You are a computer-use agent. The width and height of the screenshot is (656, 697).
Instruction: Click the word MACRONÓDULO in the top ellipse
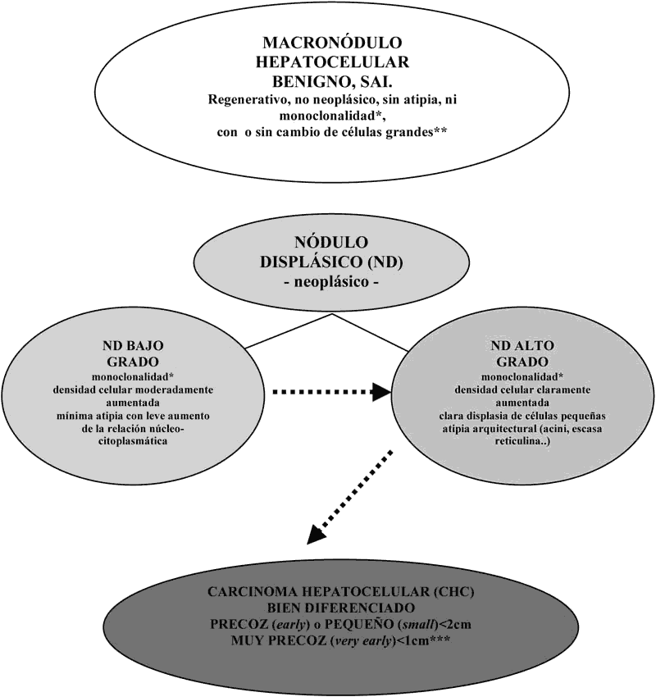pyautogui.click(x=332, y=43)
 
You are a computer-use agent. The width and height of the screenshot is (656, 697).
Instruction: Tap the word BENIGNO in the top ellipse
pyautogui.click(x=307, y=81)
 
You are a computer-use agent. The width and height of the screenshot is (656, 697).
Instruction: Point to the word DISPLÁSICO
pyautogui.click(x=312, y=262)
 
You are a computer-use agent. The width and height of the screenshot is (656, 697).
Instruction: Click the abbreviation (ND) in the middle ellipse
pyautogui.click(x=385, y=262)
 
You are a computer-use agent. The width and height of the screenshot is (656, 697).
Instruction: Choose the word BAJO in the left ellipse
pyautogui.click(x=147, y=345)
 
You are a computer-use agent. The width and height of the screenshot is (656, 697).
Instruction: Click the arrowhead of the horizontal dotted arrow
pyautogui.click(x=381, y=392)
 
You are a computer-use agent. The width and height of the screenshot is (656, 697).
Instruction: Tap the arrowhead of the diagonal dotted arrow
pyautogui.click(x=317, y=534)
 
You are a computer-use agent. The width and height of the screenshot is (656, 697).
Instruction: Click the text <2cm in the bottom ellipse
pyautogui.click(x=455, y=625)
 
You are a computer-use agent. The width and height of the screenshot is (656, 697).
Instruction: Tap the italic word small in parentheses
pyautogui.click(x=419, y=625)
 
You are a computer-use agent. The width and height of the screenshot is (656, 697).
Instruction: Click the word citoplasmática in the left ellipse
pyautogui.click(x=133, y=442)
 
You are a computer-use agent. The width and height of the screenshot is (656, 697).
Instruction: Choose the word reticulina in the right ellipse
pyautogui.click(x=522, y=442)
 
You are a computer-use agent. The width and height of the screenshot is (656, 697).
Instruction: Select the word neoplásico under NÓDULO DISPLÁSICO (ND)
pyautogui.click(x=331, y=282)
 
